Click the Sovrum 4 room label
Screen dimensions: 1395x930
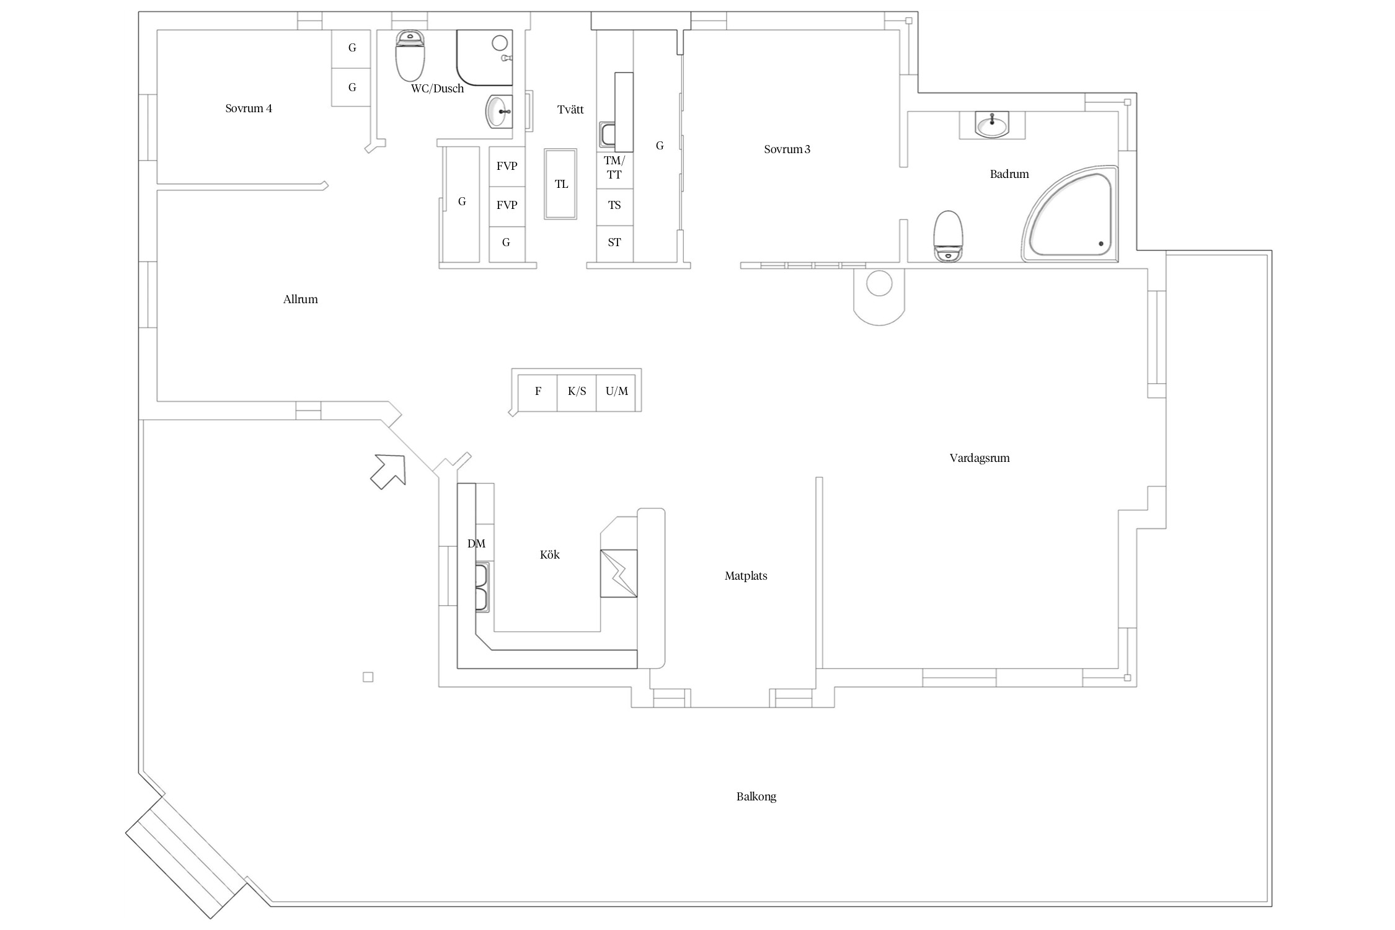[x=248, y=108]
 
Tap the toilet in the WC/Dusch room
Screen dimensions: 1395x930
[x=410, y=56]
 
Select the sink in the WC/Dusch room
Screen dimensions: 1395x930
[x=499, y=112]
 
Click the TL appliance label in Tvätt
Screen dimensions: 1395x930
[x=561, y=184]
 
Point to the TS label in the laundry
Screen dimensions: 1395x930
[x=614, y=205]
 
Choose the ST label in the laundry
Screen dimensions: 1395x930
[x=614, y=242]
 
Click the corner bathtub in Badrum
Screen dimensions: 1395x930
[x=1070, y=215]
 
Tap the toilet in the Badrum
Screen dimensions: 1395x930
[x=949, y=236]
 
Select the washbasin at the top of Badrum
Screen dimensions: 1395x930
[x=992, y=124]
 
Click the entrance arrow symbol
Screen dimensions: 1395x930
[x=388, y=471]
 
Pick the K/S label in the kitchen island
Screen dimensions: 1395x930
[x=577, y=391]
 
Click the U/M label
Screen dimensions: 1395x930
[x=617, y=391]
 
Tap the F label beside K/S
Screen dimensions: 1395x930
[x=538, y=391]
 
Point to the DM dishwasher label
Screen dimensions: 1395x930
[x=476, y=544]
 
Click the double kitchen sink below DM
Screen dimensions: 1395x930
[x=482, y=587]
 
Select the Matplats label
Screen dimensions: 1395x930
[x=746, y=576]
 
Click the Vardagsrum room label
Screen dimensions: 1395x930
[x=980, y=458]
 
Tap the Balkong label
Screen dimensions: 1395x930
[x=756, y=797]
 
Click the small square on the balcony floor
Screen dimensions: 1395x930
[x=368, y=677]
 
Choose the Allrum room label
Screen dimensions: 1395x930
[x=301, y=299]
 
